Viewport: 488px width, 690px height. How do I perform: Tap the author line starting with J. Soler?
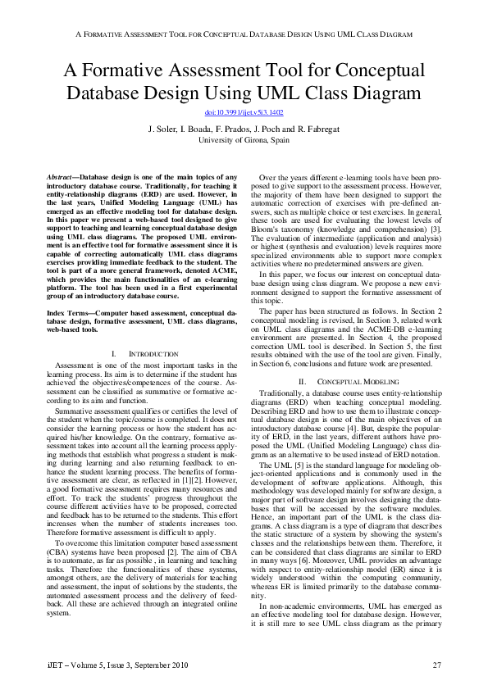click(244, 129)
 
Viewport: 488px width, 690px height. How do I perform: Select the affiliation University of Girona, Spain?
click(244, 139)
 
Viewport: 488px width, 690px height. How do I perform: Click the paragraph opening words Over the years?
click(283, 178)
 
